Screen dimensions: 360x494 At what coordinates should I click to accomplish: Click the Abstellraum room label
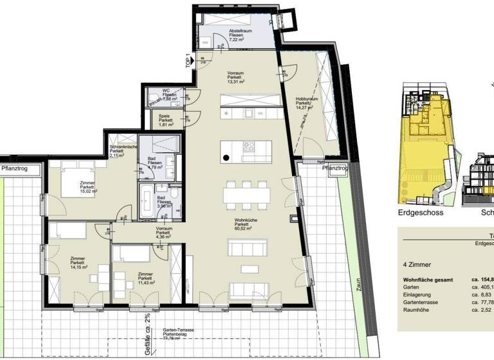pyautogui.click(x=239, y=35)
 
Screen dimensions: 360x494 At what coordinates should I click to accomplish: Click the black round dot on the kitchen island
pyautogui.click(x=226, y=157)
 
